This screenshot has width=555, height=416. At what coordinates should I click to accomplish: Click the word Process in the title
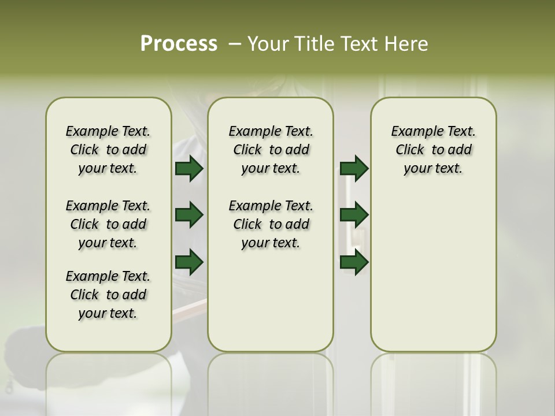coord(179,44)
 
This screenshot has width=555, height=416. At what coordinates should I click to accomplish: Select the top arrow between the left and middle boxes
coord(189,168)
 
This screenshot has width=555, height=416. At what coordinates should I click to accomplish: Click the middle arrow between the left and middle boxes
coord(189,215)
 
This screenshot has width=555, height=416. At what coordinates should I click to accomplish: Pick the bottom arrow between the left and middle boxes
coord(189,262)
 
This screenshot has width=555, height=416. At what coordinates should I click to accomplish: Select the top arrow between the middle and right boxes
coord(354,168)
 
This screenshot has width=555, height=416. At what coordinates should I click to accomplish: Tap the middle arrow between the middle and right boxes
coord(354,215)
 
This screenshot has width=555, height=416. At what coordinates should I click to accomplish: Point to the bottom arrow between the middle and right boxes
coord(354,262)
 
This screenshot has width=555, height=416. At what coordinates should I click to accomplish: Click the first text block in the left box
coord(108,150)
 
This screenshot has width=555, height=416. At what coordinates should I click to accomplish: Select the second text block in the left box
coord(108,224)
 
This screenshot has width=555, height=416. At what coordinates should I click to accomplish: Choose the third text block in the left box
coord(108,295)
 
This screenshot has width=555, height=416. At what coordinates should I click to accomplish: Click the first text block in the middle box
coord(271,150)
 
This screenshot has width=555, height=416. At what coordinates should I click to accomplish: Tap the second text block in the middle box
coord(271,224)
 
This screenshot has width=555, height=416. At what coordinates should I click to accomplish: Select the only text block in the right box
coord(434,150)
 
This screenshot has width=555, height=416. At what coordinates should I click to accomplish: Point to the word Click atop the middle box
coord(247,150)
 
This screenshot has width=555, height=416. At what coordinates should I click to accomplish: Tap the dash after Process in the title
coord(235,44)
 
